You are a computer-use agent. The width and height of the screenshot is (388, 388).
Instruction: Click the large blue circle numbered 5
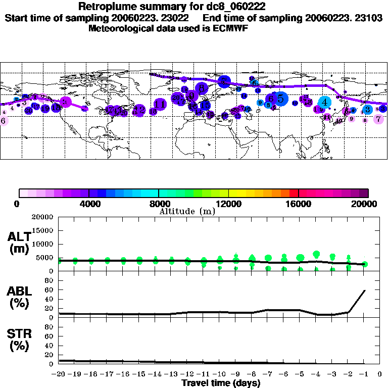coord(280,99)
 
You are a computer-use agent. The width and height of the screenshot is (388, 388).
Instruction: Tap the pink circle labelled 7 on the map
coord(378,119)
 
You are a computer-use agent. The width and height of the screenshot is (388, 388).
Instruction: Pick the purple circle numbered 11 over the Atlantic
coord(160,105)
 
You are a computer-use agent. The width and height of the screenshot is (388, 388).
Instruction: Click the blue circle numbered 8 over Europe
coord(202,88)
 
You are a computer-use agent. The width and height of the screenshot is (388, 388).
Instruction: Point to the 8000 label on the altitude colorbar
coord(159,204)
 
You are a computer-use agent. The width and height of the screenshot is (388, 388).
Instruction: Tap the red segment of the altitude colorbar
coord(294,193)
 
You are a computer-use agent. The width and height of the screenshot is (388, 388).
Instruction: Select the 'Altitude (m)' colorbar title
coord(187,211)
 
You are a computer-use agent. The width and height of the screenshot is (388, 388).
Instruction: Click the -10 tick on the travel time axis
coord(220,374)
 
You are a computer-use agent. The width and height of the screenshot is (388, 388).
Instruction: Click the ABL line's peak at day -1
coord(365,290)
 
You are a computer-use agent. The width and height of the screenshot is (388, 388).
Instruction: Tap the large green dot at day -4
coord(317,255)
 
